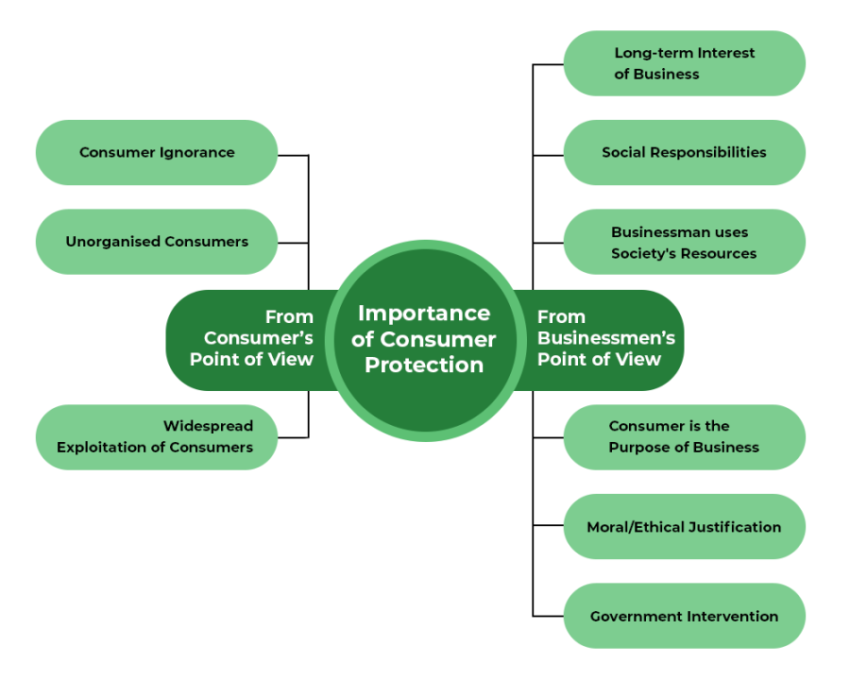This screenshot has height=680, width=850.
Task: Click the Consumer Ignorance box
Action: click(x=157, y=152)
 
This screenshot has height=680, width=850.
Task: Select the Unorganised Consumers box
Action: click(x=157, y=242)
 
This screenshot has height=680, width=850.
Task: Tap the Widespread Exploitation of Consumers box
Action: click(x=157, y=437)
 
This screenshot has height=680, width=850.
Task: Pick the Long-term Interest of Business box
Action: click(x=684, y=63)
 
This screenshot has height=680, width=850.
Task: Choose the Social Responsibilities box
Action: click(x=684, y=152)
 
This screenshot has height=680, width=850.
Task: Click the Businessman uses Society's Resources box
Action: click(x=684, y=242)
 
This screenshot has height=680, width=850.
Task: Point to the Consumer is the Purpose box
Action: click(x=684, y=437)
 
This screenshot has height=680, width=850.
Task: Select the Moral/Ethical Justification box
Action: click(x=684, y=527)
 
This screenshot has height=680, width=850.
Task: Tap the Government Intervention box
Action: click(x=684, y=616)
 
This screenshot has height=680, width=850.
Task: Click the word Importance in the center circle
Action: click(x=424, y=314)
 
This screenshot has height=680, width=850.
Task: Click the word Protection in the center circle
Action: click(x=424, y=365)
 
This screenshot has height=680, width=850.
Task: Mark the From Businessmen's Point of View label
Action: click(x=604, y=338)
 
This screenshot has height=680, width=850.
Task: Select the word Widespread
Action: click(x=208, y=426)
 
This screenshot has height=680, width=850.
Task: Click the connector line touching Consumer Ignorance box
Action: click(x=294, y=155)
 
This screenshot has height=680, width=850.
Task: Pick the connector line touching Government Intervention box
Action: click(x=548, y=616)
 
